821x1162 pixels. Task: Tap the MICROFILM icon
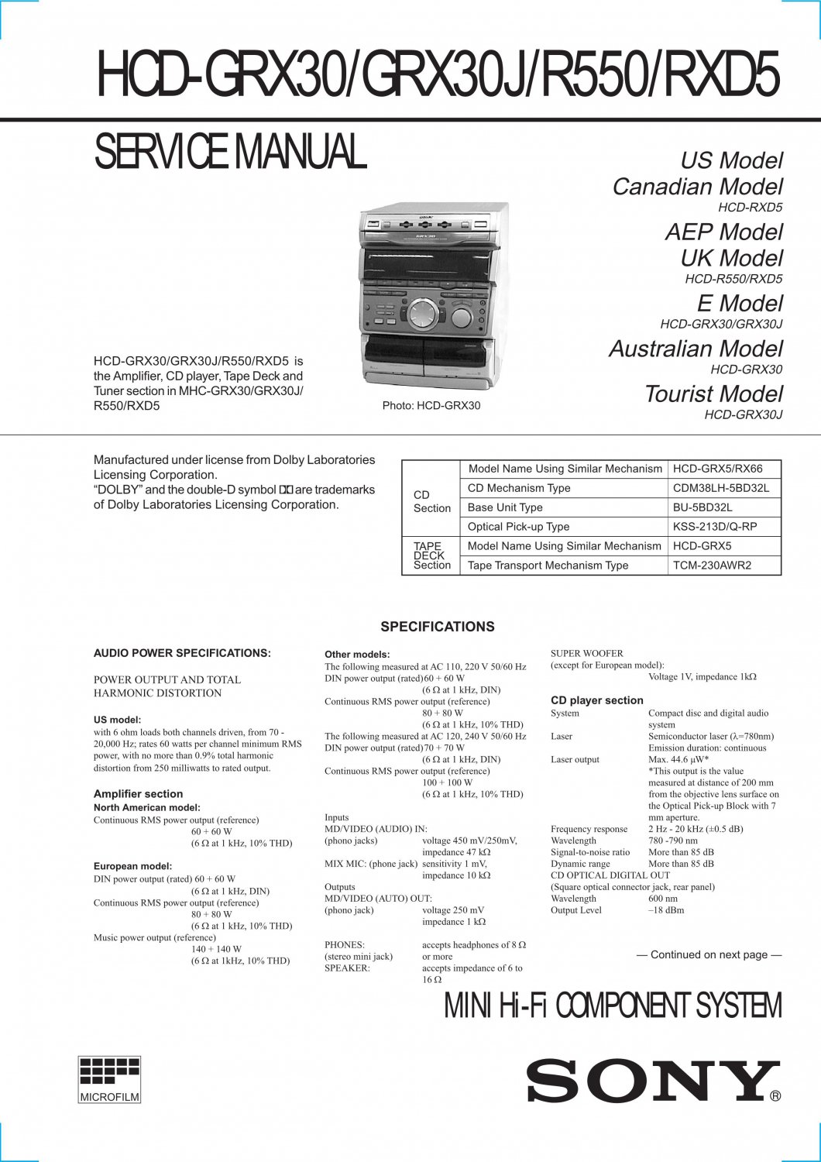[x=110, y=1079]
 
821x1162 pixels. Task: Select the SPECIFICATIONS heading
[x=437, y=627]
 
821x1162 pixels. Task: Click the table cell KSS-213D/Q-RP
[x=714, y=527]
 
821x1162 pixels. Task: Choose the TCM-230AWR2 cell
[x=712, y=566]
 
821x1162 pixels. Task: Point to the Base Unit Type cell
[x=505, y=507]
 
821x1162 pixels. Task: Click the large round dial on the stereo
[x=424, y=315]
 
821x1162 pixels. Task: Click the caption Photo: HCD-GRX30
[x=431, y=406]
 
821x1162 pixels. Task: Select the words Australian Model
[x=696, y=349]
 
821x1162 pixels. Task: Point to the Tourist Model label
[x=713, y=394]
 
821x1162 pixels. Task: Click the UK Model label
[x=731, y=258]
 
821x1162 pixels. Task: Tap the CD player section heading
[x=596, y=700]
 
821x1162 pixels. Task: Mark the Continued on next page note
[x=709, y=955]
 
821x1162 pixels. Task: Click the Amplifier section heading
[x=138, y=794]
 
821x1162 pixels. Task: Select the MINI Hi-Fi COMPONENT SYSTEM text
[x=613, y=1006]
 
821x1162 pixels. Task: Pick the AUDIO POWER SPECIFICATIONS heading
[x=182, y=653]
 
